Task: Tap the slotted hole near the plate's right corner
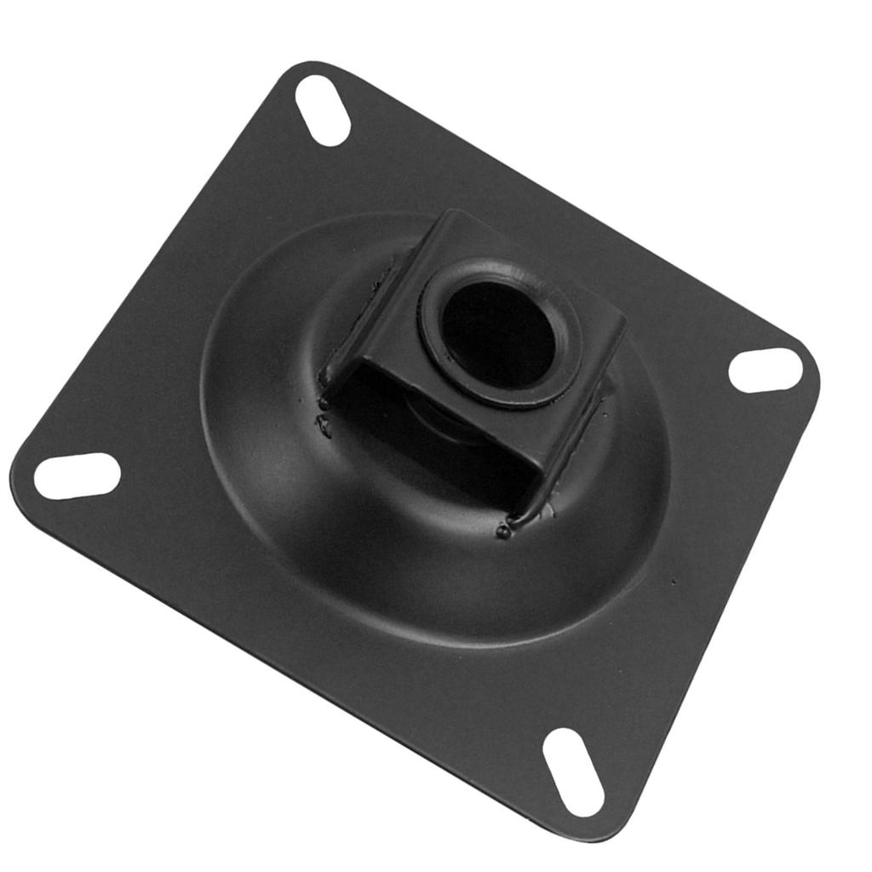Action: (x=766, y=370)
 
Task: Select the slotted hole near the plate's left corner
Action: (x=77, y=476)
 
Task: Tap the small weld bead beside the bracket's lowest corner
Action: (x=503, y=532)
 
